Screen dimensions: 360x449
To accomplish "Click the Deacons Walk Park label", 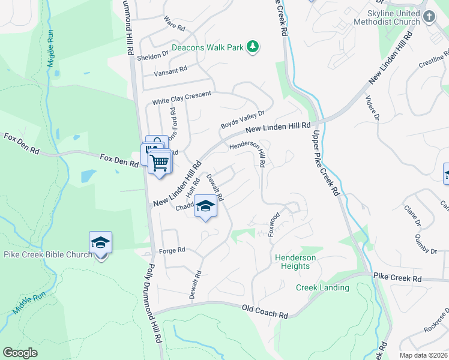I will pyautogui.click(x=208, y=47).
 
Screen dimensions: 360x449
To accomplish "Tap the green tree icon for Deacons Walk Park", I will pyautogui.click(x=253, y=47).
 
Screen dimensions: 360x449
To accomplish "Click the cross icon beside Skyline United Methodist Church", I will pyautogui.click(x=429, y=17).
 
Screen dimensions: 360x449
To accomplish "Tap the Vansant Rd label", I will pyautogui.click(x=170, y=70).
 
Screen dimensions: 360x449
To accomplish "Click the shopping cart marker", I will pyautogui.click(x=160, y=162).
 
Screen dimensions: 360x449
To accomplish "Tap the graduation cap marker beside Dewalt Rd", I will pyautogui.click(x=205, y=206).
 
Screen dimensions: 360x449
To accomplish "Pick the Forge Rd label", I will pyautogui.click(x=172, y=250).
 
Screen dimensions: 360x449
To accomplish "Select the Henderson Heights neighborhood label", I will pyautogui.click(x=295, y=262).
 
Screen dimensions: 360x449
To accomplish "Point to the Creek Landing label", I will pyautogui.click(x=322, y=288).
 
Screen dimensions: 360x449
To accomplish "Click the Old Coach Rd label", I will pyautogui.click(x=265, y=311).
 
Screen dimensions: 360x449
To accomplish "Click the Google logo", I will pyautogui.click(x=20, y=353).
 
